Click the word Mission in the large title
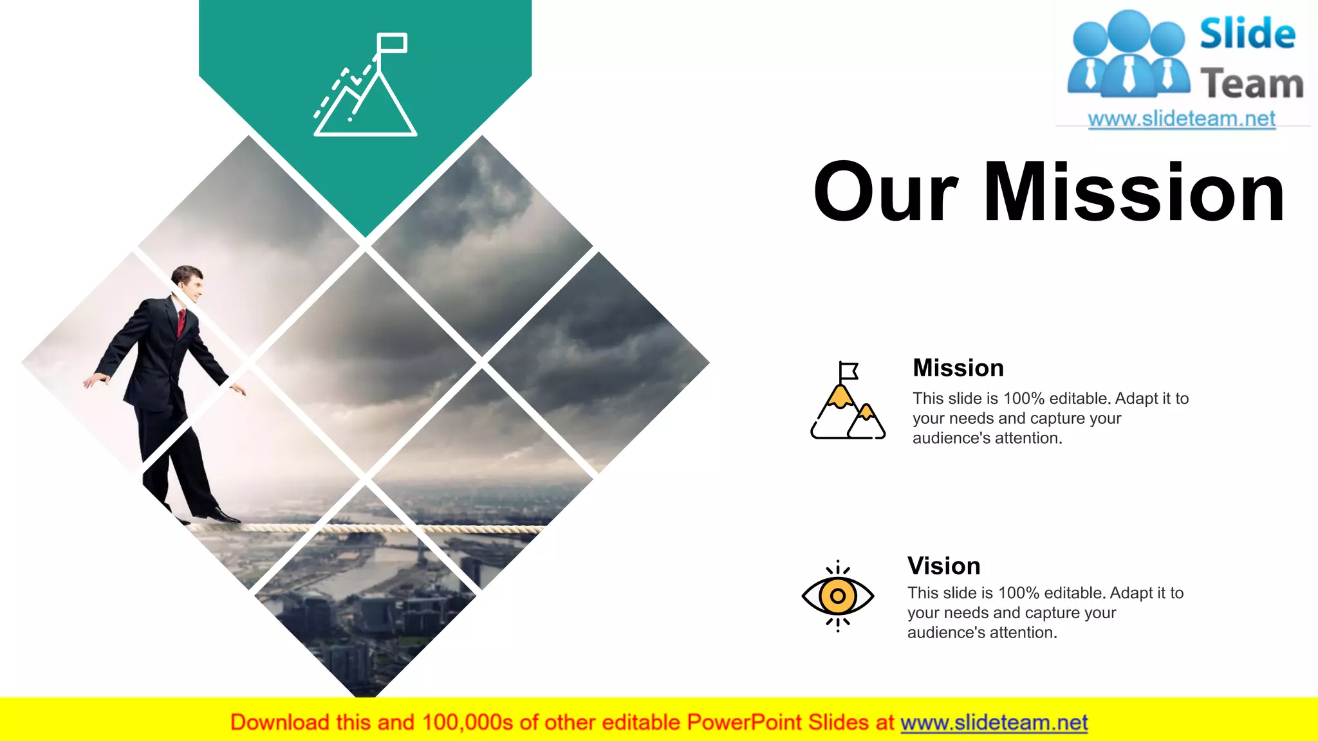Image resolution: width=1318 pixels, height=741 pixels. click(x=1134, y=193)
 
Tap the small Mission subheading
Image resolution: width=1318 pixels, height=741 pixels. click(x=958, y=368)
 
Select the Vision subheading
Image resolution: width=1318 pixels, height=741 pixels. click(x=943, y=566)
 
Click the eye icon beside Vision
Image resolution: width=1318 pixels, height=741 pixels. click(x=837, y=596)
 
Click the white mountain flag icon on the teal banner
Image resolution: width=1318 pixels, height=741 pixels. click(x=365, y=87)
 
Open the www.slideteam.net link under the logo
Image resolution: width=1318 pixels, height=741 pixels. click(x=1182, y=119)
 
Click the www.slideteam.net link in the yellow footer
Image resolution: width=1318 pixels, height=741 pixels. click(x=994, y=723)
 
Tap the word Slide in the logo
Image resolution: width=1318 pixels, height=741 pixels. click(x=1247, y=33)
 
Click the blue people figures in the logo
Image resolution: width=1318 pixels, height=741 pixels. click(x=1128, y=55)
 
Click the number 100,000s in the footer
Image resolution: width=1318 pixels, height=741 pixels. click(x=467, y=723)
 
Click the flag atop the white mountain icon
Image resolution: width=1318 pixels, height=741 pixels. click(x=392, y=43)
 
